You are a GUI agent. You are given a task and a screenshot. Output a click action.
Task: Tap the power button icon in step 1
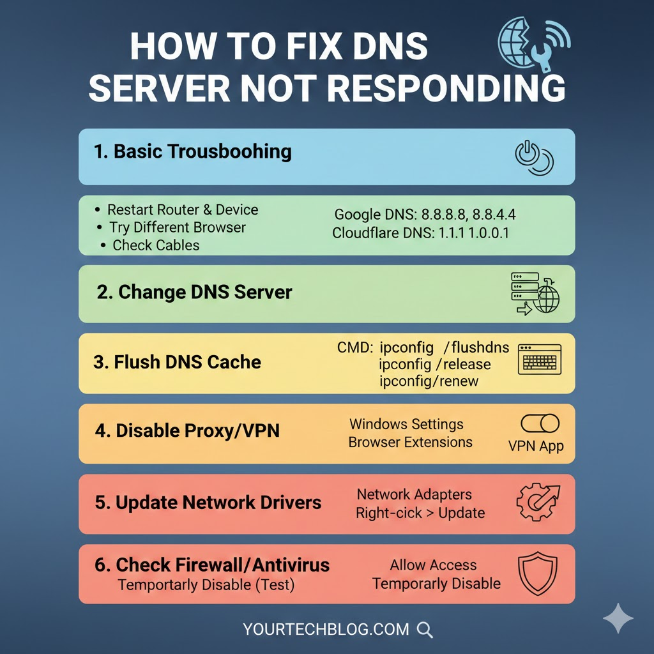pos(534,157)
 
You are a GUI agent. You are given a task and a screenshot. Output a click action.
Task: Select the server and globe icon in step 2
pos(535,294)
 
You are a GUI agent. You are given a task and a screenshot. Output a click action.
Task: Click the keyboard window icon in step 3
pos(540,359)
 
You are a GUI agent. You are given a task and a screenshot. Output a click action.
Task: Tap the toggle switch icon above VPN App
pos(540,423)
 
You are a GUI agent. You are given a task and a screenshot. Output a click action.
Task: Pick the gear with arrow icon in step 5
pos(538,503)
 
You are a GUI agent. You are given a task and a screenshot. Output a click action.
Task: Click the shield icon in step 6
pos(537,574)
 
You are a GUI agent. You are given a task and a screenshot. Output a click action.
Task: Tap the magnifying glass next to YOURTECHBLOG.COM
pos(425,630)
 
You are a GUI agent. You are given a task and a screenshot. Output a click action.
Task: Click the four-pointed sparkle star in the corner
pos(618,618)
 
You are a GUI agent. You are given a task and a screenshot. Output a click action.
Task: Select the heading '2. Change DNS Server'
pos(195,293)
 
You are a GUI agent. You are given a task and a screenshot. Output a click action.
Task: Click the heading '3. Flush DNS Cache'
pos(177,362)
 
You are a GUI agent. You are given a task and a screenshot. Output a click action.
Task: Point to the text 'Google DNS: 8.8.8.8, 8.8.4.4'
pos(425,215)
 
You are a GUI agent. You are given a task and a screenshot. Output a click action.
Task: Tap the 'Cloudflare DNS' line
pos(420,233)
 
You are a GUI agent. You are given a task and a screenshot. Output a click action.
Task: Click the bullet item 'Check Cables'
pos(156,245)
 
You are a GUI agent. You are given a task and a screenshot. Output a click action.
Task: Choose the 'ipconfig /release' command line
pos(434,365)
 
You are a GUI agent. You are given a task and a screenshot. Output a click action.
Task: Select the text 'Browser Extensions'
pos(410,442)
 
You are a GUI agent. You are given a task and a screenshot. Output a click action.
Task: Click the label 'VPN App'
pos(536,446)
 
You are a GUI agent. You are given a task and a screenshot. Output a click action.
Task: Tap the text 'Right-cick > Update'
pos(420,513)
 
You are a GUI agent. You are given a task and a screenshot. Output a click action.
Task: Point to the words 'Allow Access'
pos(433,565)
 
